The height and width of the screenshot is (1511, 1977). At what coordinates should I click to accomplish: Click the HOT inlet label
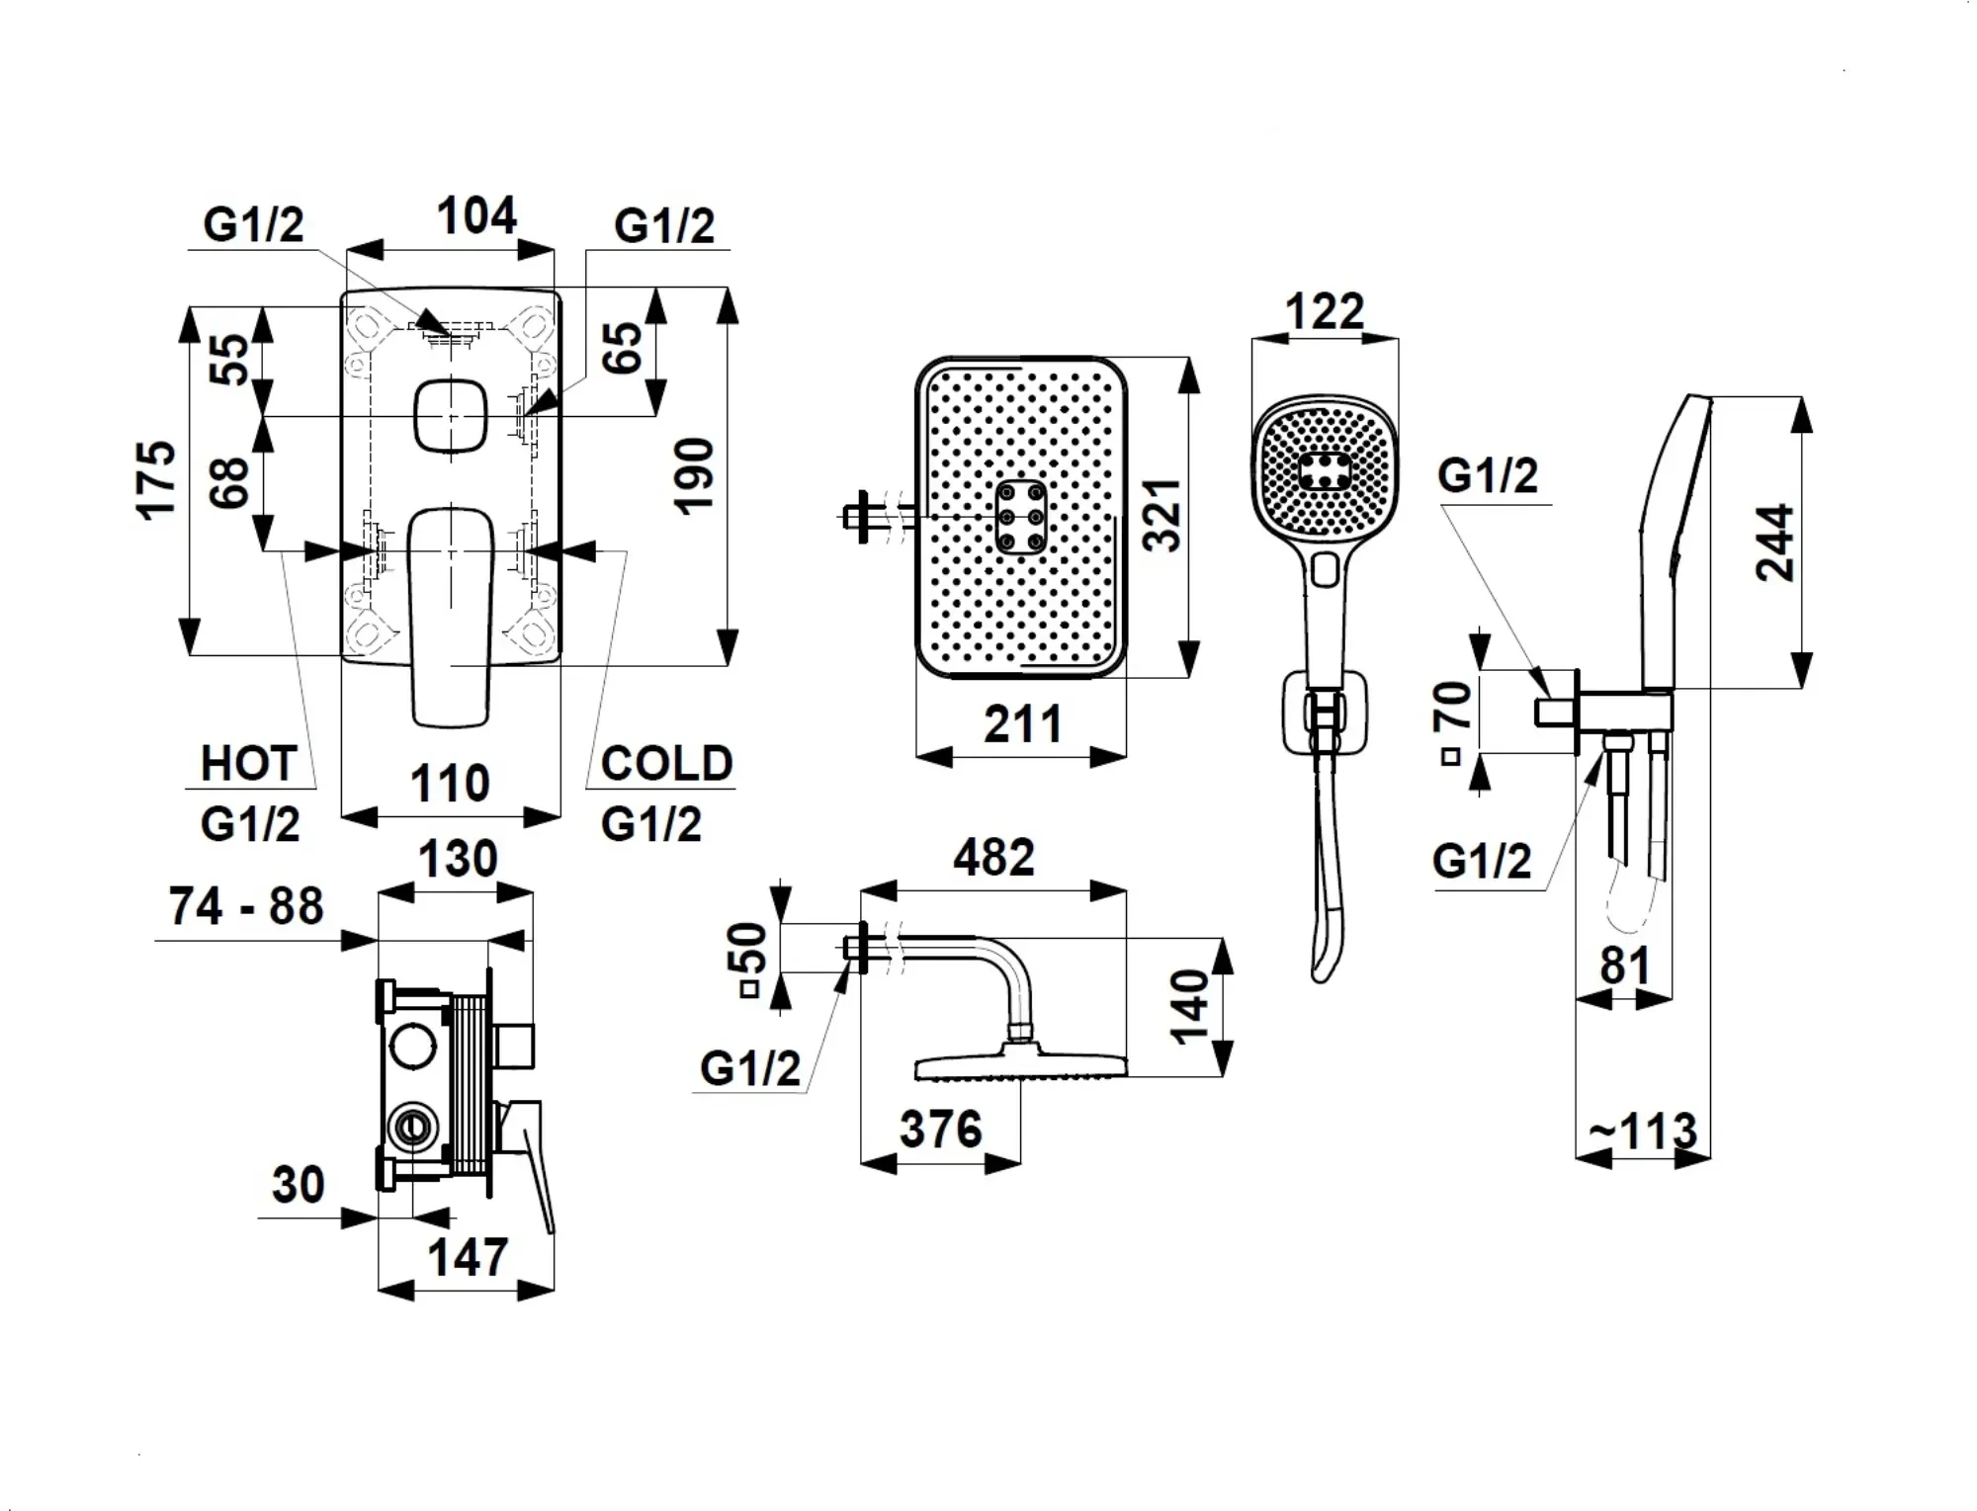[248, 764]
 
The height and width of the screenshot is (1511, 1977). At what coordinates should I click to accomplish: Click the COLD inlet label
[666, 764]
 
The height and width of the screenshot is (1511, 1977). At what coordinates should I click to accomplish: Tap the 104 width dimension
[476, 216]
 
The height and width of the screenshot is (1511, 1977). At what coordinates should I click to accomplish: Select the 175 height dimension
[157, 479]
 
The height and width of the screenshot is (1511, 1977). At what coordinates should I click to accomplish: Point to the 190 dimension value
[694, 476]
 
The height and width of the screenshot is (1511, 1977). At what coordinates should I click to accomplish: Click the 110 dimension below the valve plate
[450, 784]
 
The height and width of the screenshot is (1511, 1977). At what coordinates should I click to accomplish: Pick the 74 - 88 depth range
[246, 906]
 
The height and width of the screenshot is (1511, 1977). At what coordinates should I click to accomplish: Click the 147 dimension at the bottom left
[468, 1257]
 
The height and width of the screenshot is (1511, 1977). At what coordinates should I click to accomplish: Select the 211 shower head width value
[1022, 724]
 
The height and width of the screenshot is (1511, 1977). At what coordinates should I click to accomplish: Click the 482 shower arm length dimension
[993, 857]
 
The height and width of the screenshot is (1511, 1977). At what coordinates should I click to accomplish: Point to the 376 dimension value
[940, 1129]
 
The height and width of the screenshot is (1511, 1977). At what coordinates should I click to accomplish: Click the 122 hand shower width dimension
[1325, 312]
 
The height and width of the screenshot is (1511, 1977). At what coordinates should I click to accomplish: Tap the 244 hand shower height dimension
[1774, 543]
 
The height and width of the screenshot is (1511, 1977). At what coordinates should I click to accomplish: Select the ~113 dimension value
[1643, 1132]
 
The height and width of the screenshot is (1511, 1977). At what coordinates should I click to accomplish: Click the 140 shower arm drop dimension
[1189, 1005]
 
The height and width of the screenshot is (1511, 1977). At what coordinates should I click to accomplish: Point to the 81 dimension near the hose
[1625, 965]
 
